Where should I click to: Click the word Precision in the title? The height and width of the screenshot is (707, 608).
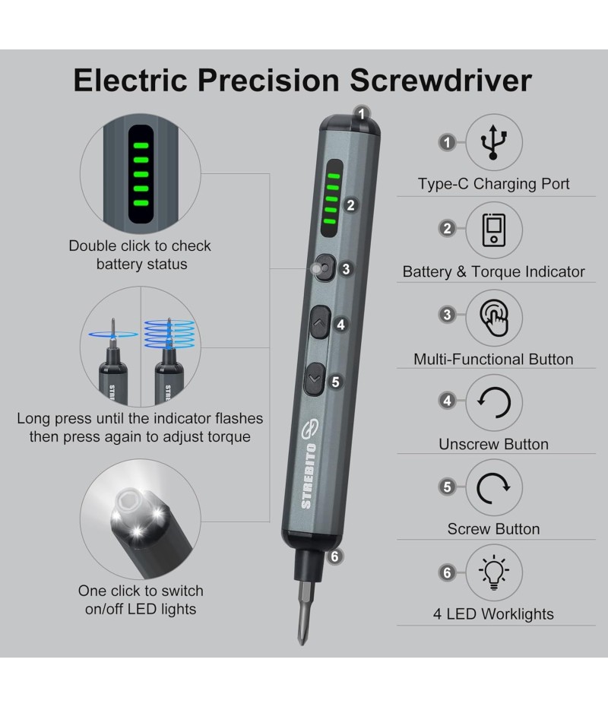pyautogui.click(x=268, y=81)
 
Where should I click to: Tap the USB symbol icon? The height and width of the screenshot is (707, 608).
pyautogui.click(x=493, y=142)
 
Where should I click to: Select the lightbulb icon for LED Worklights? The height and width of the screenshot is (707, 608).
pyautogui.click(x=494, y=572)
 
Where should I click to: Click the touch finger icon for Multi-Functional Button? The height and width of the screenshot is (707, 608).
pyautogui.click(x=495, y=319)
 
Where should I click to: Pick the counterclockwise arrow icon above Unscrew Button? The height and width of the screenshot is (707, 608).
pyautogui.click(x=494, y=403)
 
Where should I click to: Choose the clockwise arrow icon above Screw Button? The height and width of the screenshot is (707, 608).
pyautogui.click(x=493, y=488)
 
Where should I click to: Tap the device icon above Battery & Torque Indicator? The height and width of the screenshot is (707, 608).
pyautogui.click(x=494, y=230)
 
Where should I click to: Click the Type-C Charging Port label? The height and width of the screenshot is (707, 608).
pyautogui.click(x=493, y=184)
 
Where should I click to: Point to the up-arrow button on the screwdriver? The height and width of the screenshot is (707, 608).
pyautogui.click(x=319, y=322)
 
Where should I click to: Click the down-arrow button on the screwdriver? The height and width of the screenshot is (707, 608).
pyautogui.click(x=315, y=379)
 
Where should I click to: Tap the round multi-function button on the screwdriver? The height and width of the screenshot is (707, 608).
pyautogui.click(x=325, y=268)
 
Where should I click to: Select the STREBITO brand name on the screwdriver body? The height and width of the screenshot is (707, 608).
pyautogui.click(x=309, y=476)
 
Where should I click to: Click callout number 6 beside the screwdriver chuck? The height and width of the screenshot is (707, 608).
pyautogui.click(x=334, y=556)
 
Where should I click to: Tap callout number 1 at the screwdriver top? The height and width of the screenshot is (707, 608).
pyautogui.click(x=362, y=113)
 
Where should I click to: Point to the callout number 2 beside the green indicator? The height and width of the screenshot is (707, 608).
pyautogui.click(x=350, y=205)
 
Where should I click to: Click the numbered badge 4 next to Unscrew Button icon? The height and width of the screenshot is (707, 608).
pyautogui.click(x=447, y=401)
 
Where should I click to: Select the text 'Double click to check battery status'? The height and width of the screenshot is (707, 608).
pyautogui.click(x=140, y=255)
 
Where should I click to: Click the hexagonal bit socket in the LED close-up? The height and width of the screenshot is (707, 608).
pyautogui.click(x=130, y=502)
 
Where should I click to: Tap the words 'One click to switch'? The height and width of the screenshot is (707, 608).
pyautogui.click(x=141, y=591)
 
